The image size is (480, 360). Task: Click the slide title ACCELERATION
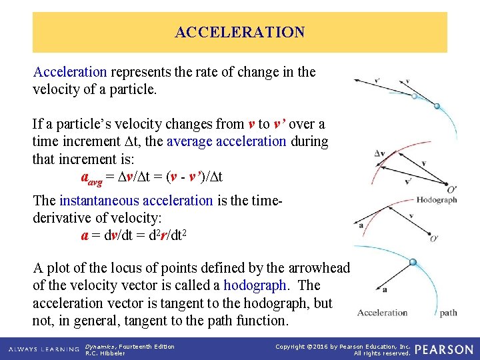(239, 32)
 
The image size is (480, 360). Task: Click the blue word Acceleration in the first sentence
(70, 71)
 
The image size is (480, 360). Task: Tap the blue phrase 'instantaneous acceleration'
(136, 201)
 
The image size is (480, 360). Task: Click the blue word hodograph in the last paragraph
(255, 285)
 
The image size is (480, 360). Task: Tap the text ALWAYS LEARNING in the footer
(44, 349)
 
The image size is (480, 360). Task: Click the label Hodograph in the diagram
(436, 199)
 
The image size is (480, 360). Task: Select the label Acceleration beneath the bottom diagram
(382, 313)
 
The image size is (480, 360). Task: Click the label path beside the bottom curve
(448, 313)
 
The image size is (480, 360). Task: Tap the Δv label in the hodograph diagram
(379, 154)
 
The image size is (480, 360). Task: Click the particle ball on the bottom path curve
(413, 262)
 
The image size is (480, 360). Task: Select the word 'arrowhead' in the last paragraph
(319, 268)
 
